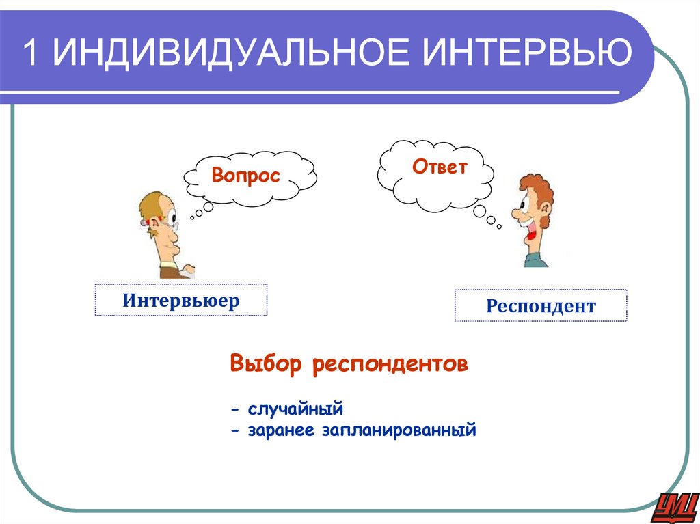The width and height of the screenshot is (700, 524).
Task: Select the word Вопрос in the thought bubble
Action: pyautogui.click(x=246, y=176)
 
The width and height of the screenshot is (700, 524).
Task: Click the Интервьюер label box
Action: pyautogui.click(x=181, y=300)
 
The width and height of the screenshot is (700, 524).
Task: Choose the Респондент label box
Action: pyautogui.click(x=541, y=306)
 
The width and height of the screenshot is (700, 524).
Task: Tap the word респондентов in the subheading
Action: pyautogui.click(x=391, y=364)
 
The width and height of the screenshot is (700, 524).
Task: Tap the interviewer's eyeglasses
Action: pyautogui.click(x=170, y=219)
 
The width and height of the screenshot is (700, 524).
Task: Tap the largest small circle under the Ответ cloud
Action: pyautogui.click(x=479, y=210)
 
